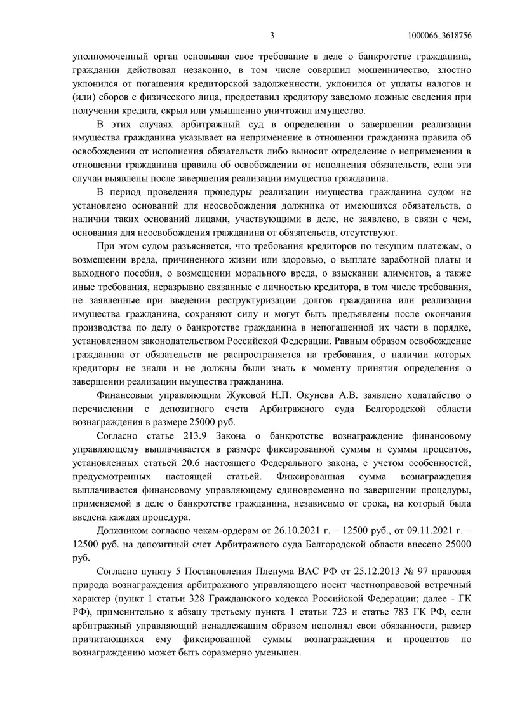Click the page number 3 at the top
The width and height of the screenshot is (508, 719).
[272, 35]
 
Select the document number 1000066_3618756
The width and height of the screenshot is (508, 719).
[443, 35]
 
